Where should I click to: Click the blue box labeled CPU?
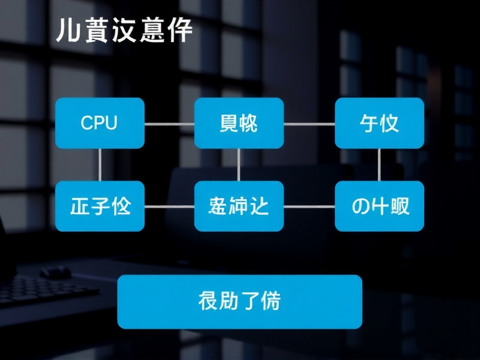click(x=100, y=123)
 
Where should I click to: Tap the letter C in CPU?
click(x=86, y=124)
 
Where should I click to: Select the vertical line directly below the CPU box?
click(x=100, y=164)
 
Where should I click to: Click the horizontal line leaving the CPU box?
click(x=169, y=124)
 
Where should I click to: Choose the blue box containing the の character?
click(x=379, y=206)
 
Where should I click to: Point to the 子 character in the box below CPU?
click(x=100, y=206)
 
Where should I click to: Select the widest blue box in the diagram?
click(x=239, y=301)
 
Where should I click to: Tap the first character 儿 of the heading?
click(x=65, y=31)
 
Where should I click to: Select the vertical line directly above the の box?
click(x=379, y=164)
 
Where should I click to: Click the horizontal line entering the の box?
click(x=308, y=206)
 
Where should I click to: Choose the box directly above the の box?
click(x=379, y=123)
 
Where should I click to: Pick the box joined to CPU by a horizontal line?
click(x=239, y=123)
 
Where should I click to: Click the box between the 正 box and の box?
click(x=239, y=206)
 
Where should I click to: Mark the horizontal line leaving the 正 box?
click(x=169, y=206)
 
